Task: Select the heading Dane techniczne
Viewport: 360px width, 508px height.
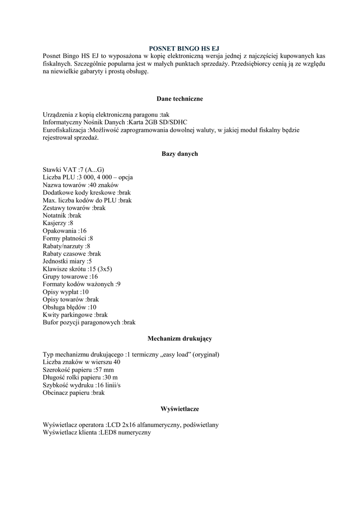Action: (180, 99)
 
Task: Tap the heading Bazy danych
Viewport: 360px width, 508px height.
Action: (180, 154)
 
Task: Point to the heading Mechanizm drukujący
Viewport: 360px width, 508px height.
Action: (180, 339)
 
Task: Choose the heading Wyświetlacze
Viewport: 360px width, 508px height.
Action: (180, 409)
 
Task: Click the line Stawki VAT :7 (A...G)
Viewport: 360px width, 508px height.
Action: (73, 170)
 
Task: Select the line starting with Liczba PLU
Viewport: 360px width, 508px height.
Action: (87, 177)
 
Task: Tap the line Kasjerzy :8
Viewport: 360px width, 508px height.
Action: (58, 223)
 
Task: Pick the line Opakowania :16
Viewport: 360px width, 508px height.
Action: (65, 231)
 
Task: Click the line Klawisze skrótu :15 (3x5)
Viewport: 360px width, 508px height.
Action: (77, 269)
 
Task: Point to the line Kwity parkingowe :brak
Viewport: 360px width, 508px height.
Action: (75, 315)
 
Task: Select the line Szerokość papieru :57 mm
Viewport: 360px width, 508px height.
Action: (78, 370)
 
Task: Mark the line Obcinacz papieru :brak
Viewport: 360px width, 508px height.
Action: (74, 392)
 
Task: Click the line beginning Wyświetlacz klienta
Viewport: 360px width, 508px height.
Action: (97, 433)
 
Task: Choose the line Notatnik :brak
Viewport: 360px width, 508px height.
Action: (62, 215)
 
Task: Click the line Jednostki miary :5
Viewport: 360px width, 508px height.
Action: (67, 261)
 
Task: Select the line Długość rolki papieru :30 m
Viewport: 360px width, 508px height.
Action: (80, 377)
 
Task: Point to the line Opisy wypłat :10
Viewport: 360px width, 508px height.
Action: (66, 292)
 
